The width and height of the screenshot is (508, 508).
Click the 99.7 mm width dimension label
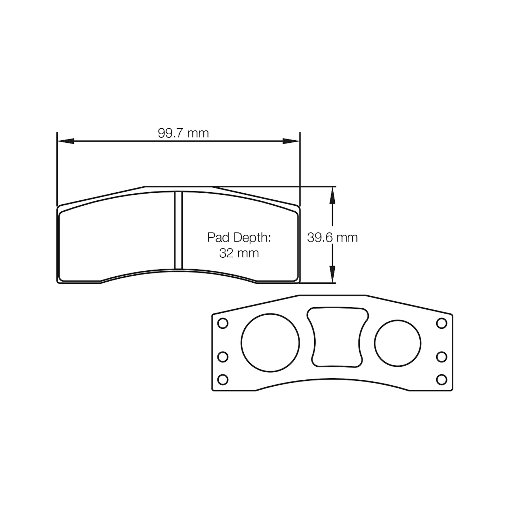click(183, 133)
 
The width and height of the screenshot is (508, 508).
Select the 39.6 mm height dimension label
click(332, 238)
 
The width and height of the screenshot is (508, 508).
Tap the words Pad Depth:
click(239, 237)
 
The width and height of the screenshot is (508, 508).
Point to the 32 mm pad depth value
click(239, 253)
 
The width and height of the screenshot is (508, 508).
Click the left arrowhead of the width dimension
click(65, 141)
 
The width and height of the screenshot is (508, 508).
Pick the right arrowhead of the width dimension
click(291, 141)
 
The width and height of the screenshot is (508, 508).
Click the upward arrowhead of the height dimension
click(333, 195)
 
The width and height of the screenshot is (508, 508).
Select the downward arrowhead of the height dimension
click(333, 274)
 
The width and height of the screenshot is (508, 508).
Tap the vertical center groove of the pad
click(179, 230)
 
